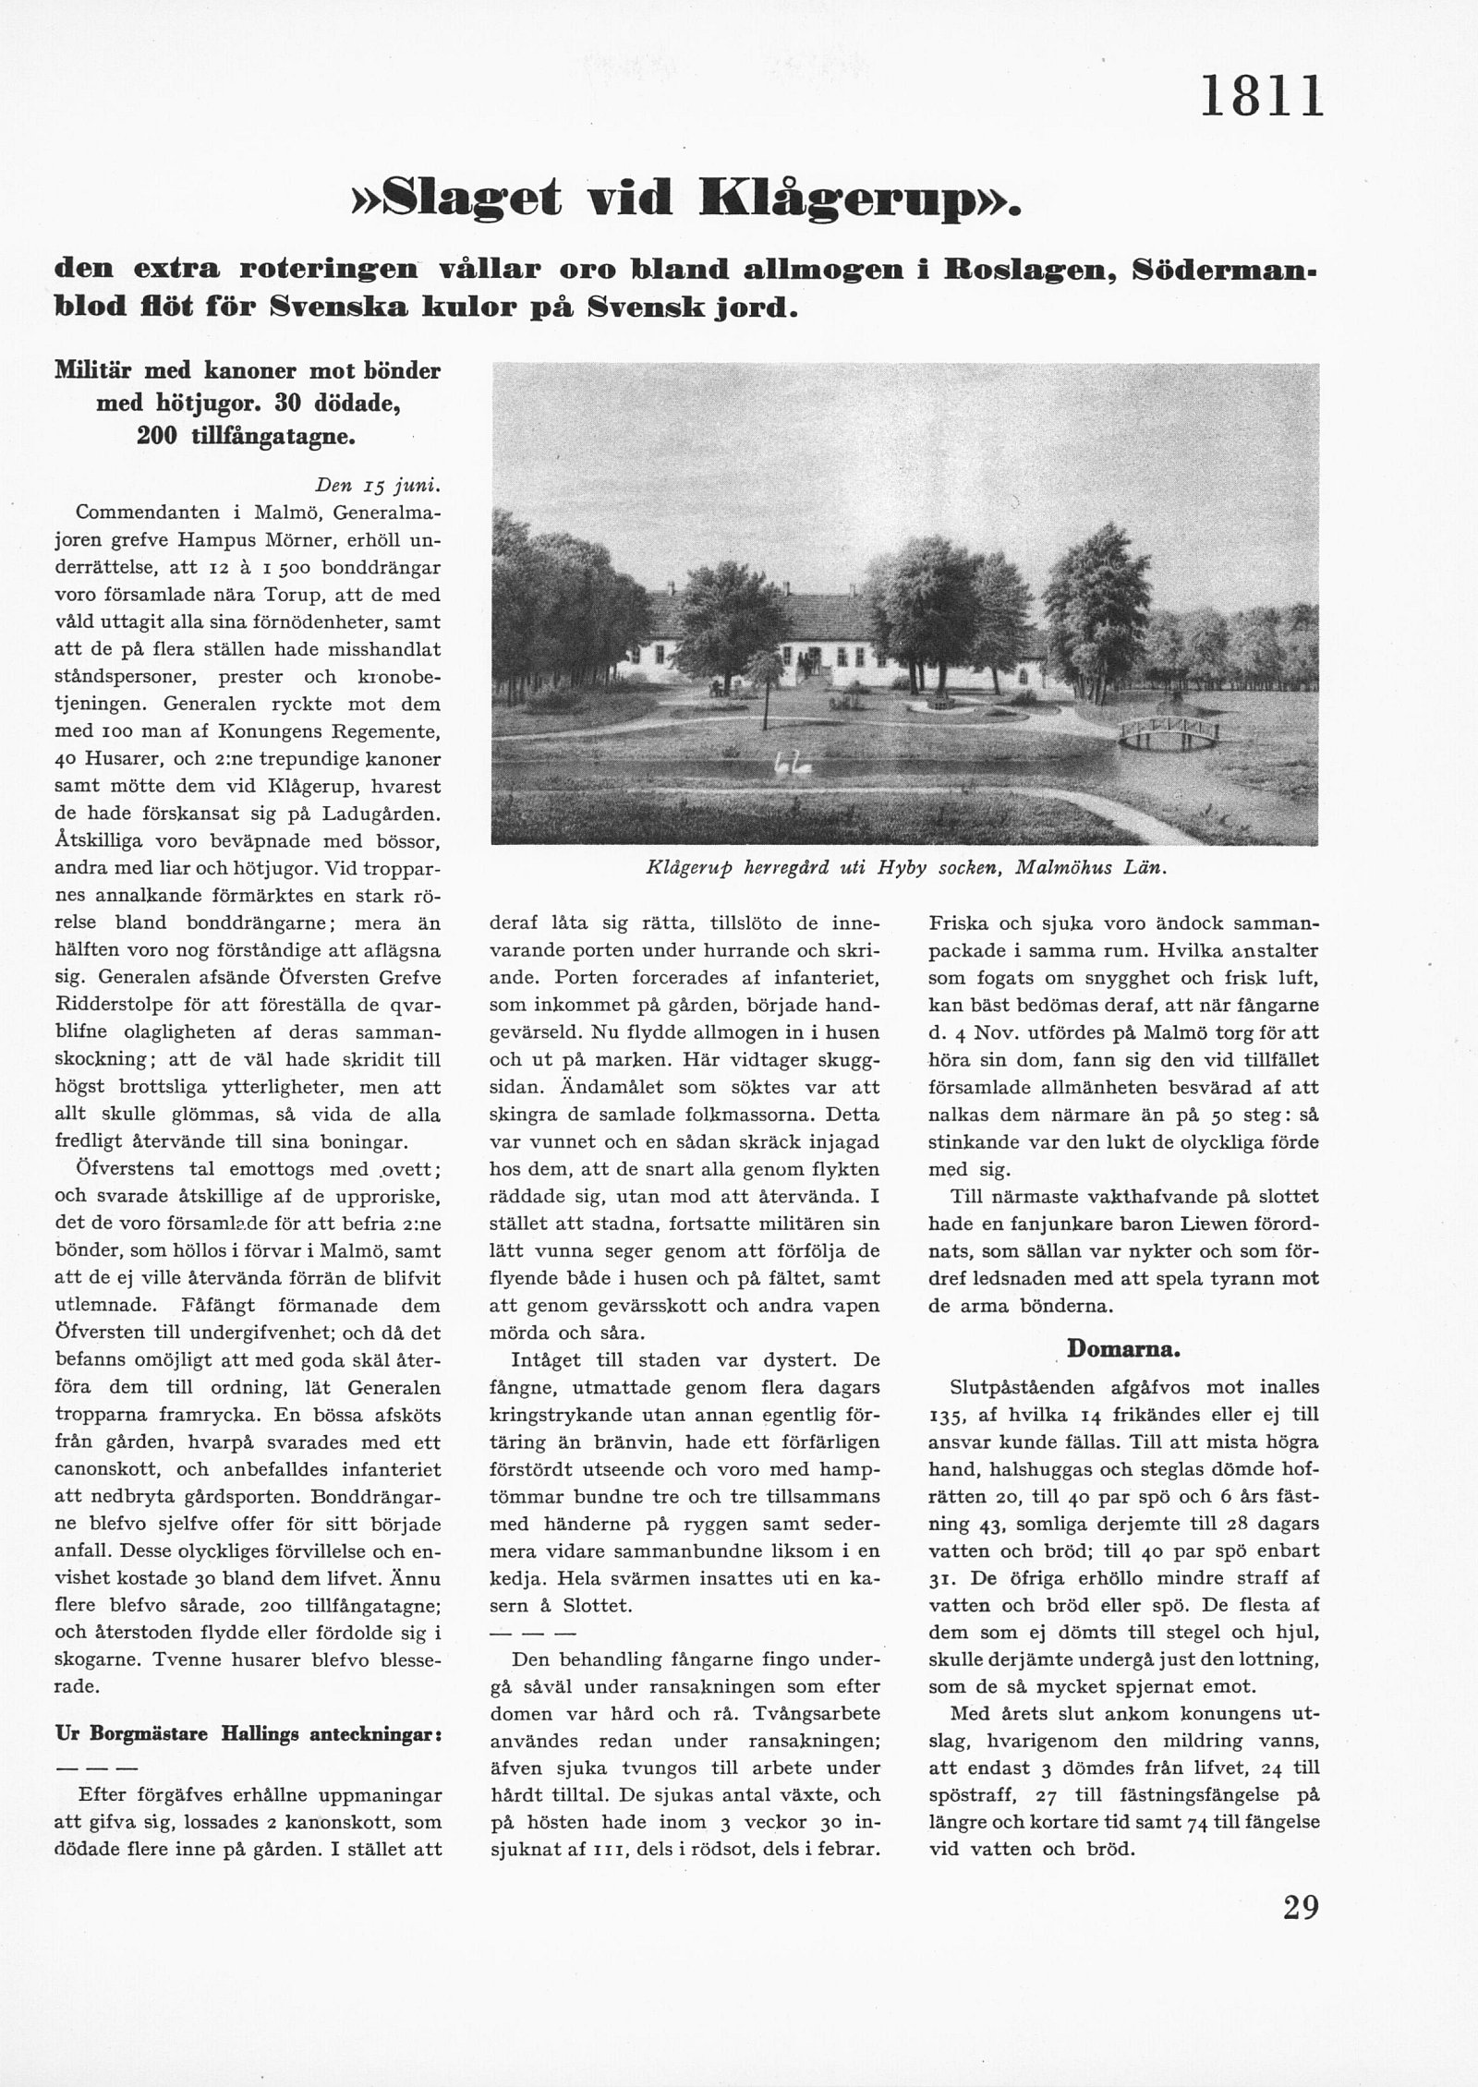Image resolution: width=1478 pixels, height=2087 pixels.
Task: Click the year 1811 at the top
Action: (1262, 96)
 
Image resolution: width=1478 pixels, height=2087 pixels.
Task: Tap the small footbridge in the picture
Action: (1169, 731)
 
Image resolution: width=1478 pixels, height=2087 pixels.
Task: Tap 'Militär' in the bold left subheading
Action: (90, 371)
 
